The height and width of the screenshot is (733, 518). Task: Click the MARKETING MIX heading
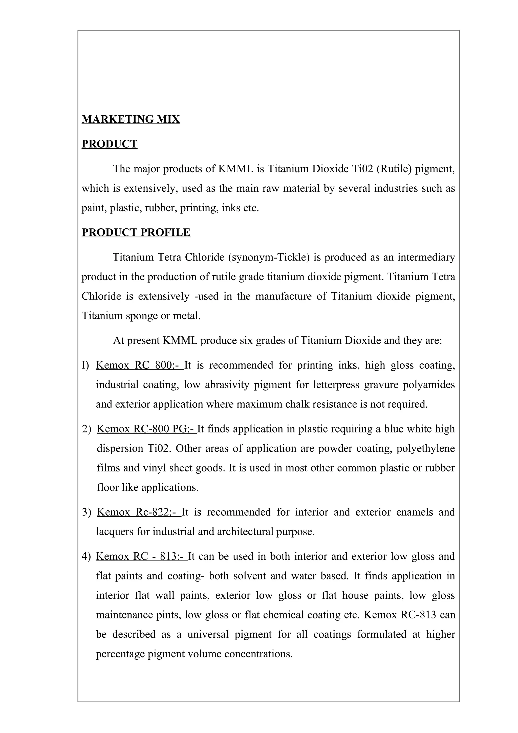coord(131,119)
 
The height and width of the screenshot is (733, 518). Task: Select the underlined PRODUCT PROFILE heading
coord(136,232)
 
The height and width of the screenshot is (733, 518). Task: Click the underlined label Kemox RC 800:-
coord(139,365)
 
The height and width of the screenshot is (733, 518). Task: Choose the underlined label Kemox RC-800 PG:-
coord(146,429)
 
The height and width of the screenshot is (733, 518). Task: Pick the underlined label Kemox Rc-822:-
coord(139,512)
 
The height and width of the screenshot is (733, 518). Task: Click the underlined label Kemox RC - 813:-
coord(141,556)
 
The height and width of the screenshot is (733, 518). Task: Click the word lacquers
coord(115,532)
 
